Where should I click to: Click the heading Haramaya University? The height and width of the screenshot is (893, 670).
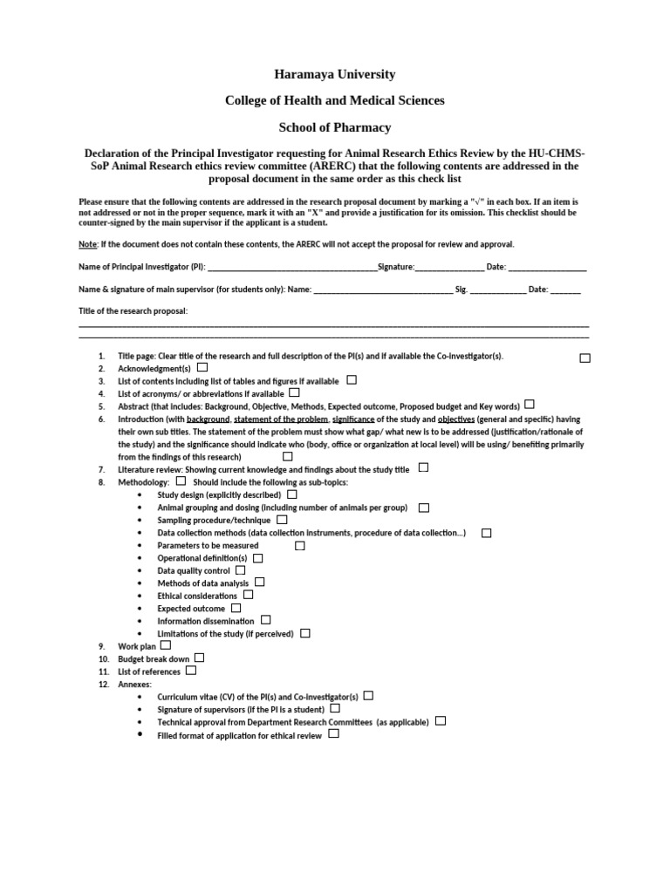334,74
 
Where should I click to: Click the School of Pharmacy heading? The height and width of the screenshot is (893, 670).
334,127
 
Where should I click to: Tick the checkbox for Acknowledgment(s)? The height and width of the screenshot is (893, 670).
202,368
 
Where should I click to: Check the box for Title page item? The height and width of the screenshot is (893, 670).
585,358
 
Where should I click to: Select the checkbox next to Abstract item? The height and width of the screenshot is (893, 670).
530,405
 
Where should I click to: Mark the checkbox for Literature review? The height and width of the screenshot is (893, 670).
423,467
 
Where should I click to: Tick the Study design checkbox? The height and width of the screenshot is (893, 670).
291,494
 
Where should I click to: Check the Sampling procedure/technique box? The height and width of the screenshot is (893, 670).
282,519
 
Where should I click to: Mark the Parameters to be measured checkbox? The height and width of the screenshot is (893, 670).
299,545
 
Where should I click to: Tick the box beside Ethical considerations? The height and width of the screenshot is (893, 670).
248,595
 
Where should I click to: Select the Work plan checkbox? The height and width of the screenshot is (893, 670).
166,644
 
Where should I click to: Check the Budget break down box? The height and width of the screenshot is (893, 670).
199,658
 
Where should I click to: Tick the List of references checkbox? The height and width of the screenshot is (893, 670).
191,671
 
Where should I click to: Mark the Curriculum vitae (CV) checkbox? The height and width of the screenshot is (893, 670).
368,696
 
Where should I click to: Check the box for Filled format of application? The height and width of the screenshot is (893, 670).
333,734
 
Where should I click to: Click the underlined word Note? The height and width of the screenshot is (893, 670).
87,244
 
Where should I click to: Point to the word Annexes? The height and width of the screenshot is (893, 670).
134,685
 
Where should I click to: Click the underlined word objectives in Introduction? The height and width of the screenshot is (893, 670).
455,419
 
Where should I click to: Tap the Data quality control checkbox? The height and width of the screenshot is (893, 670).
241,569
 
